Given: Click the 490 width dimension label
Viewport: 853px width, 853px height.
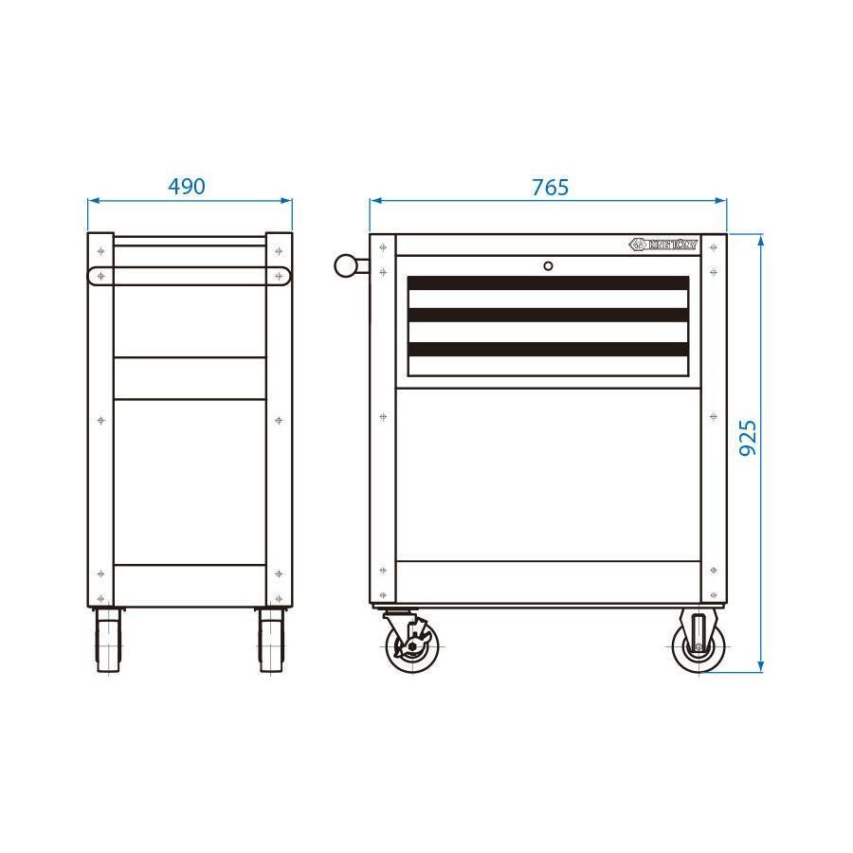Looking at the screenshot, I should [x=186, y=187].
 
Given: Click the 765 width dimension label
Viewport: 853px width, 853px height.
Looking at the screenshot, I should [x=550, y=187].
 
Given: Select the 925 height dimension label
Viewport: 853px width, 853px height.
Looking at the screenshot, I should [x=748, y=438].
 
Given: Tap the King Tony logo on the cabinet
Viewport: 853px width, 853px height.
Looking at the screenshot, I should [x=663, y=245].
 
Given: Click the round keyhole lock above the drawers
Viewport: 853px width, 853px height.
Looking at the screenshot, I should [x=548, y=266].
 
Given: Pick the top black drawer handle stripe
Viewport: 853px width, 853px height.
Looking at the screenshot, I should [x=548, y=282].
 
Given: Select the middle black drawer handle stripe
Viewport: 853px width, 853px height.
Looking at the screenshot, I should [x=548, y=316].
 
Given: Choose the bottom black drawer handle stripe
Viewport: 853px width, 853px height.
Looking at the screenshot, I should [x=548, y=349].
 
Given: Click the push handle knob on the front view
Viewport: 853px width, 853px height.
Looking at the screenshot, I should [x=344, y=265].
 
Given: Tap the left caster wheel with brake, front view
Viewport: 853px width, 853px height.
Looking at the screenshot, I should [x=410, y=645].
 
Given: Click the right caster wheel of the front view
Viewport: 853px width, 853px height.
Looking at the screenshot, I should [x=698, y=645].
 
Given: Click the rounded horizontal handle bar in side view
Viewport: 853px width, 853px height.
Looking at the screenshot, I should [x=189, y=276].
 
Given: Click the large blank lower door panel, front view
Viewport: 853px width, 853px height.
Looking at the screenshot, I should [x=548, y=474].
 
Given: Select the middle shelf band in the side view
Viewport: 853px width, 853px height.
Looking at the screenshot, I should [x=189, y=378].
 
